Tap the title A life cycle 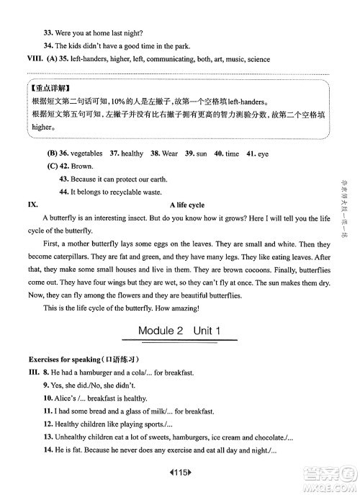point(186,205)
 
